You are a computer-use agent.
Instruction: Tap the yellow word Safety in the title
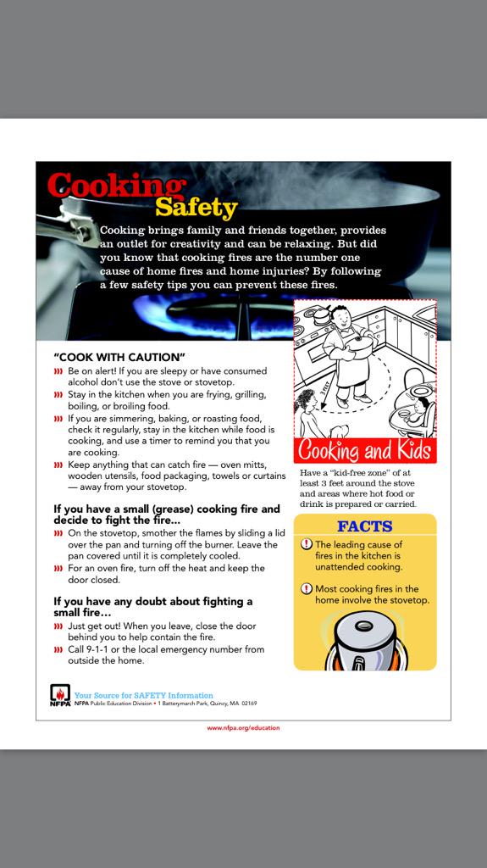pyautogui.click(x=196, y=207)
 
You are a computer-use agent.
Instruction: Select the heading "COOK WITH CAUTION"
pyautogui.click(x=119, y=357)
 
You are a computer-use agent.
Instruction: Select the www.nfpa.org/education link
pyautogui.click(x=243, y=727)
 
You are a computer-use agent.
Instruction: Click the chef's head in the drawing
pyautogui.click(x=340, y=317)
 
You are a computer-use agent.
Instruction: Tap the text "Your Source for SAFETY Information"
pyautogui.click(x=144, y=695)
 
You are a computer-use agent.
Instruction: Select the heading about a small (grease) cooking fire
pyautogui.click(x=166, y=515)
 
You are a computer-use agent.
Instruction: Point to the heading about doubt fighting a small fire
pyautogui.click(x=153, y=606)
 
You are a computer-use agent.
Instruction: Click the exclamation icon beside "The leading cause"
pyautogui.click(x=307, y=544)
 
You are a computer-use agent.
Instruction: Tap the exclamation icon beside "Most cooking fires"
pyautogui.click(x=307, y=588)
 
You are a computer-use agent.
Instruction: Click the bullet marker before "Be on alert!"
pyautogui.click(x=58, y=371)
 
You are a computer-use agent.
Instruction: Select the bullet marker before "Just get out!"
pyautogui.click(x=58, y=626)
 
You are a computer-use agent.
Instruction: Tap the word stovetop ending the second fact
pyautogui.click(x=409, y=600)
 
